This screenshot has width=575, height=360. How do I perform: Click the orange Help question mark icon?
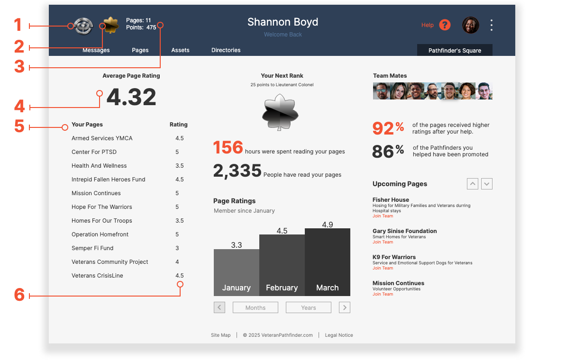pyautogui.click(x=444, y=25)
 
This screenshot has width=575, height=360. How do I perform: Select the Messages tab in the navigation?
pyautogui.click(x=96, y=50)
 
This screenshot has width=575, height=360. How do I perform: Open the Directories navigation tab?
pyautogui.click(x=226, y=50)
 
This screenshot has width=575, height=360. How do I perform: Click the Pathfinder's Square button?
pyautogui.click(x=455, y=50)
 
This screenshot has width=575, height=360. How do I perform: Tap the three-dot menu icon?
pyautogui.click(x=492, y=25)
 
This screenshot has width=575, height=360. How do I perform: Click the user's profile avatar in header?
pyautogui.click(x=470, y=25)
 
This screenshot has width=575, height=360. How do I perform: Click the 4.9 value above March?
pyautogui.click(x=328, y=225)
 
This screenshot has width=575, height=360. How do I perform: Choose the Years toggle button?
pyautogui.click(x=308, y=308)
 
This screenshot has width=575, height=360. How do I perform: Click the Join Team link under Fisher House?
pyautogui.click(x=383, y=216)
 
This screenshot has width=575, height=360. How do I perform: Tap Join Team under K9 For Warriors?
pyautogui.click(x=383, y=268)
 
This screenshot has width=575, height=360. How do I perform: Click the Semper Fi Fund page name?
pyautogui.click(x=92, y=248)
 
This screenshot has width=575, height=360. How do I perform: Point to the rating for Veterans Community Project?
pyautogui.click(x=177, y=262)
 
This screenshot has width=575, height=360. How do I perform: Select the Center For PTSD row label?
pyautogui.click(x=94, y=152)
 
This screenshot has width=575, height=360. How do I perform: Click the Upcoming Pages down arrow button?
pyautogui.click(x=487, y=184)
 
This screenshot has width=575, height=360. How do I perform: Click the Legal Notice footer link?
pyautogui.click(x=339, y=335)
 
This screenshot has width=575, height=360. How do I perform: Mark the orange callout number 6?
pyautogui.click(x=19, y=295)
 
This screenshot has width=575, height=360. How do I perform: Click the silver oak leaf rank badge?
pyautogui.click(x=280, y=112)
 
